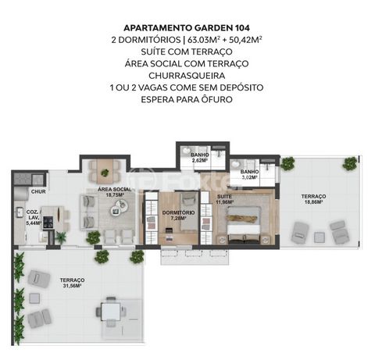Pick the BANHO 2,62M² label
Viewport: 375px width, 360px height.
[200, 158]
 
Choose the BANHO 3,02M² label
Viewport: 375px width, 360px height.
[249, 174]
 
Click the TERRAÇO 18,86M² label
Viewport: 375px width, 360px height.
[312, 199]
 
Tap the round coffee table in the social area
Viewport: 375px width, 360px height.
[120, 206]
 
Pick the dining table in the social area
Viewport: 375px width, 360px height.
[105, 167]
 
